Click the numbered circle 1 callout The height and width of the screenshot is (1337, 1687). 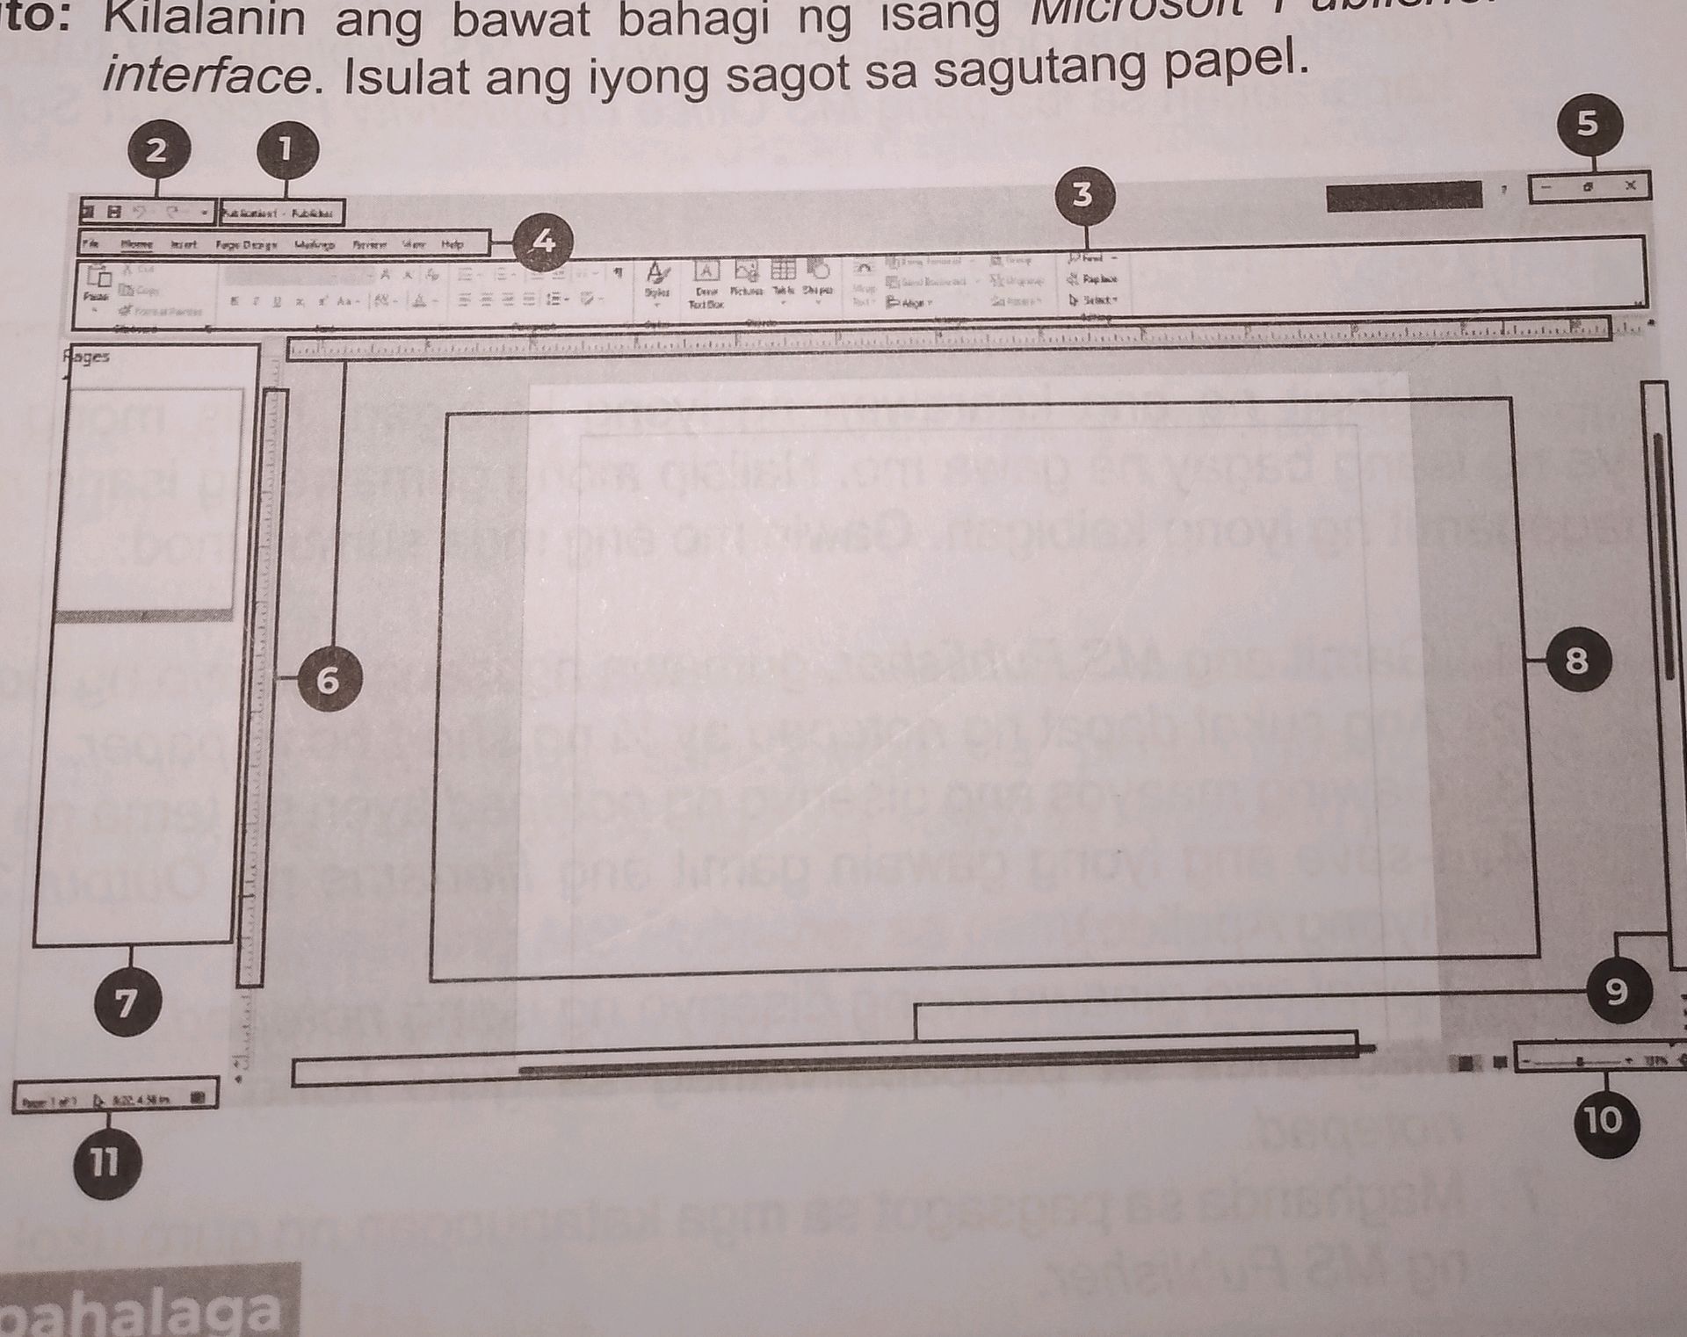pyautogui.click(x=286, y=150)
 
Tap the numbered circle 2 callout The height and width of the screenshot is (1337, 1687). pyautogui.click(x=156, y=150)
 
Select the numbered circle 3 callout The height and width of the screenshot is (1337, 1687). pyautogui.click(x=1083, y=194)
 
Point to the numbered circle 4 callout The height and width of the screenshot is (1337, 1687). pyautogui.click(x=543, y=241)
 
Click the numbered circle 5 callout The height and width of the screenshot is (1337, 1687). pyautogui.click(x=1587, y=124)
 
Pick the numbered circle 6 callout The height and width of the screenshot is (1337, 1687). pyautogui.click(x=328, y=680)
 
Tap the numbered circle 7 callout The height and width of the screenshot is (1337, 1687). pyautogui.click(x=128, y=1002)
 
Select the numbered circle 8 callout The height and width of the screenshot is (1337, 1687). pyautogui.click(x=1577, y=661)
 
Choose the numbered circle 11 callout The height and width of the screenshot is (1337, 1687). pyautogui.click(x=105, y=1164)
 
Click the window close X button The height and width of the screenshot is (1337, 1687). pyautogui.click(x=1630, y=185)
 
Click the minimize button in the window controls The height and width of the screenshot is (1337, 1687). pyautogui.click(x=1546, y=187)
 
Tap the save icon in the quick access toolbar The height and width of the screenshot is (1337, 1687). pyautogui.click(x=113, y=212)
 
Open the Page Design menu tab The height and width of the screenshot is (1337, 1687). pyautogui.click(x=246, y=245)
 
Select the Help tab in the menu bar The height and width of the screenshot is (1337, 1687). pyautogui.click(x=453, y=244)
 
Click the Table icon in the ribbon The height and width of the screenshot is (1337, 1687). pyautogui.click(x=783, y=276)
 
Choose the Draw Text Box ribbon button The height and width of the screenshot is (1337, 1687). pyautogui.click(x=706, y=283)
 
